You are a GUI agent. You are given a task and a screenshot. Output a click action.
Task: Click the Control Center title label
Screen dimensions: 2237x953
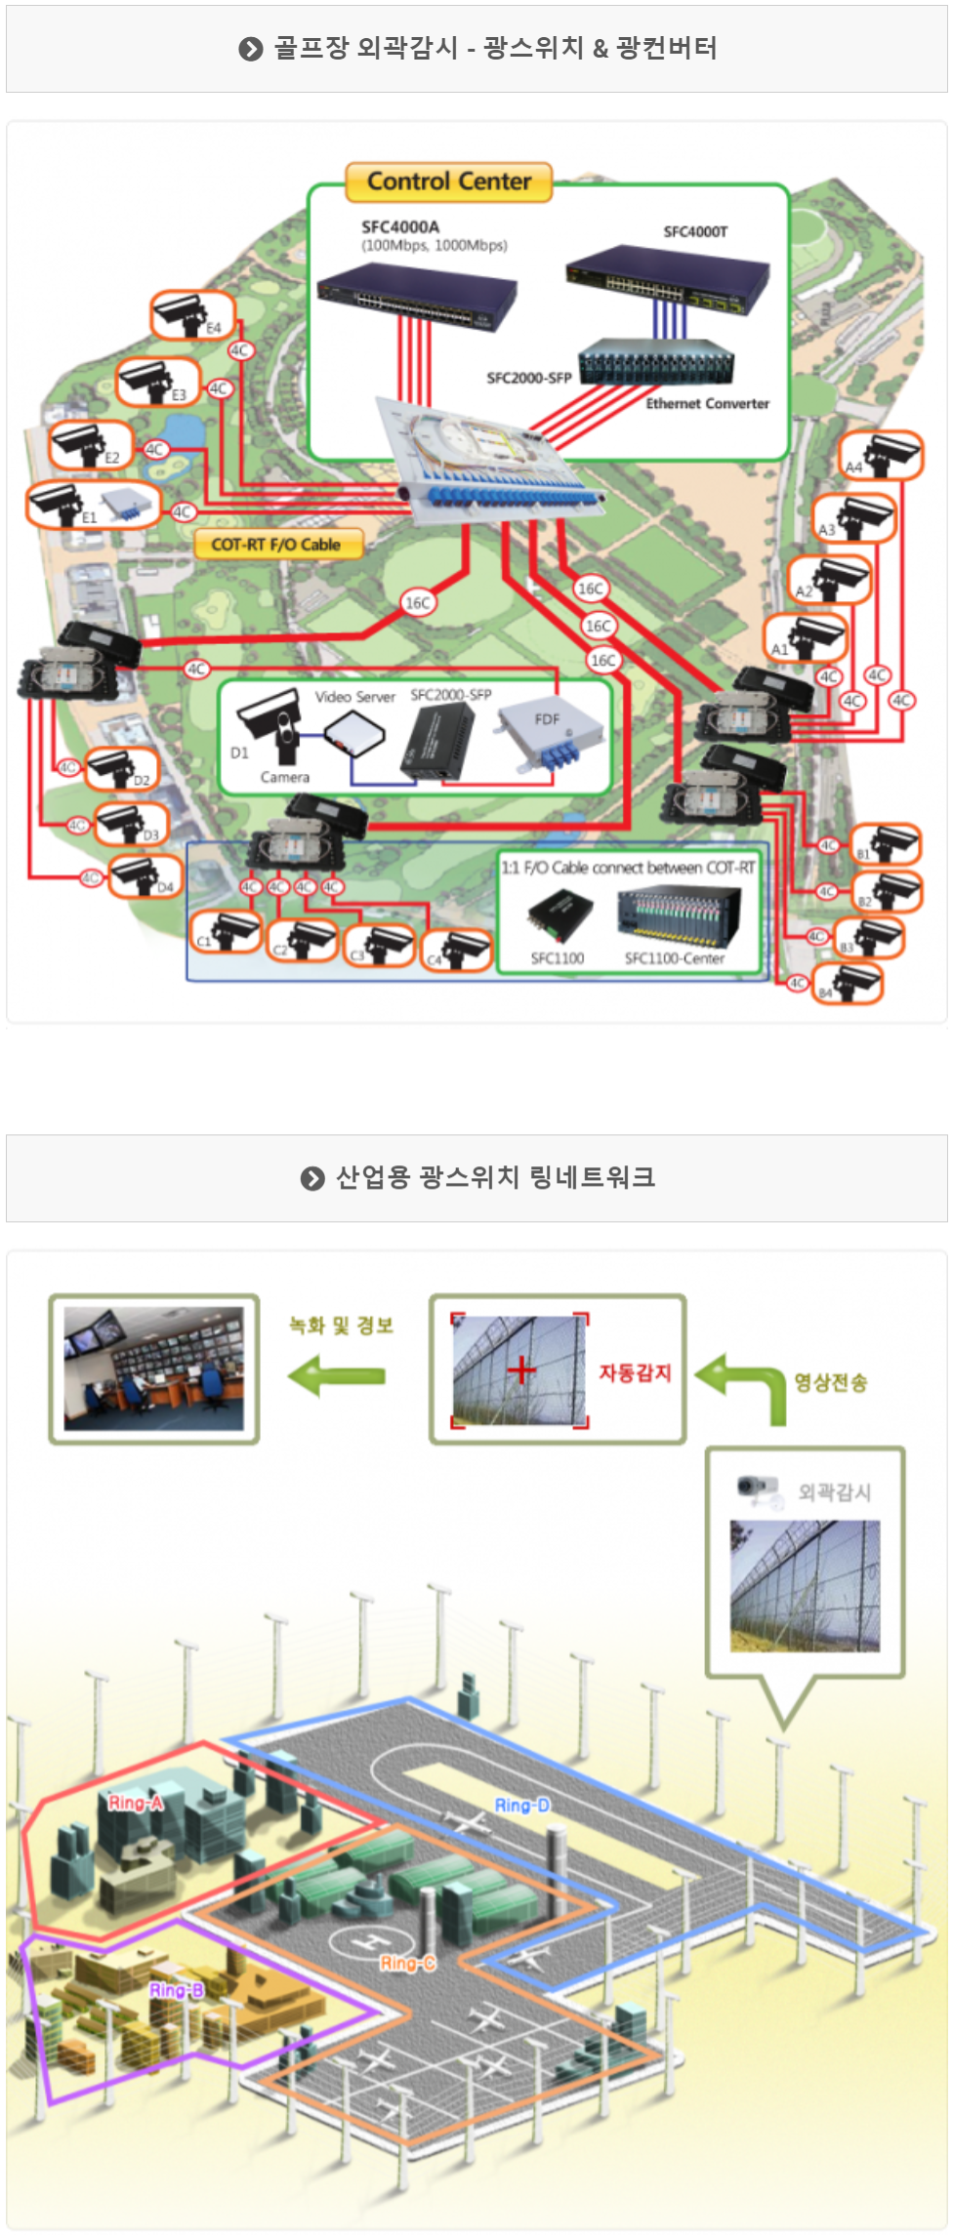[449, 182]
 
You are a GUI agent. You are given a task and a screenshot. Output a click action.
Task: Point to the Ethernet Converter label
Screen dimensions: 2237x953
[707, 404]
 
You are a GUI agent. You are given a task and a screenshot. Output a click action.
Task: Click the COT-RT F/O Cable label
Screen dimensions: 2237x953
[276, 545]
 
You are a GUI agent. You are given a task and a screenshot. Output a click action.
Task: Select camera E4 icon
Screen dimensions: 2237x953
[191, 314]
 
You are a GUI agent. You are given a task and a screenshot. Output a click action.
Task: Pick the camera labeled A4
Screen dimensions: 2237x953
[882, 455]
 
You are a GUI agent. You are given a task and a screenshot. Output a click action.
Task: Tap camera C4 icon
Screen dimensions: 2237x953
[456, 950]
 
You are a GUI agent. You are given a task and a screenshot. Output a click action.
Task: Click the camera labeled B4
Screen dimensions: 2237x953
[849, 983]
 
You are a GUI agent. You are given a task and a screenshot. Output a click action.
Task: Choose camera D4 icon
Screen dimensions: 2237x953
[145, 875]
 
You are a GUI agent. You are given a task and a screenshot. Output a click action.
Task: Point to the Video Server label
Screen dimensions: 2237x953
[354, 697]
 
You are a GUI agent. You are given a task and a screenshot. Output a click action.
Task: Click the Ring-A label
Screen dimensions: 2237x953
[136, 1803]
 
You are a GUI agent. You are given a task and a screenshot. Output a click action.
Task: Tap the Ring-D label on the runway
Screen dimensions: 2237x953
[521, 1806]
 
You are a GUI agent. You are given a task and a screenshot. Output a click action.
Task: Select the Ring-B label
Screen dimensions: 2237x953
[177, 1990]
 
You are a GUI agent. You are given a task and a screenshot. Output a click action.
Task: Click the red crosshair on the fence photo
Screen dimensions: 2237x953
[521, 1370]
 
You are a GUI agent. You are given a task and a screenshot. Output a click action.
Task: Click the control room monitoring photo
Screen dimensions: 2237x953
[154, 1368]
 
